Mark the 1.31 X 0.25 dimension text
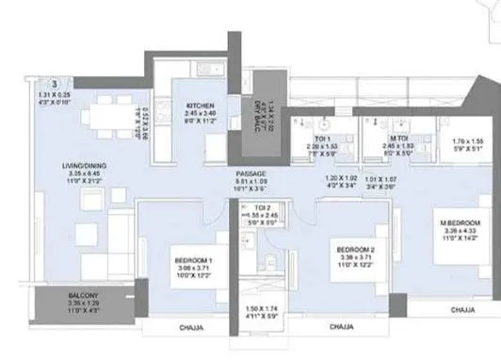(61, 97)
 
